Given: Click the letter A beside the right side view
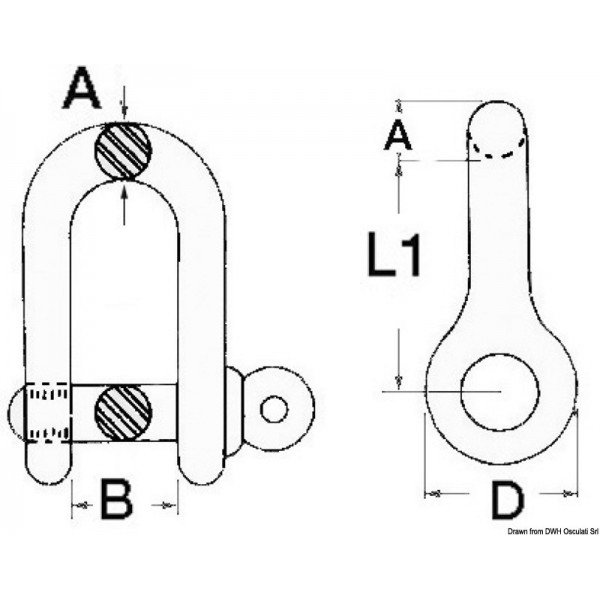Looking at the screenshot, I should pyautogui.click(x=398, y=134).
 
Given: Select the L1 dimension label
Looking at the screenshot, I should pyautogui.click(x=393, y=258).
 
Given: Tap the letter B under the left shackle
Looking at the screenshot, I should pyautogui.click(x=117, y=500).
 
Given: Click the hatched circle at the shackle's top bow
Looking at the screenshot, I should pyautogui.click(x=123, y=152).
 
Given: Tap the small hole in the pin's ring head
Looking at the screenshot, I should pyautogui.click(x=273, y=408).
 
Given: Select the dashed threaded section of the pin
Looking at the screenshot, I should pyautogui.click(x=48, y=411).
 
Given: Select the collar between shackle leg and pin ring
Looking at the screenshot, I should pyautogui.click(x=232, y=410).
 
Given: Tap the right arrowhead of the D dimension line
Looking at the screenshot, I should pyautogui.click(x=571, y=493).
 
